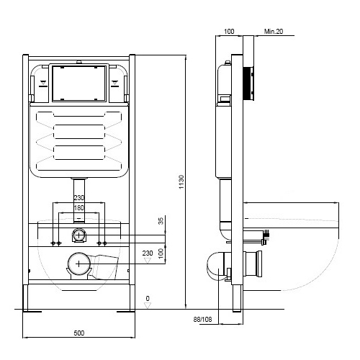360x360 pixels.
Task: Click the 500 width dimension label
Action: point(79,333)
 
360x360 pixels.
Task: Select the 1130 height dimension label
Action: point(181,182)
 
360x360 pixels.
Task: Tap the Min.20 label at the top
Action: point(274,31)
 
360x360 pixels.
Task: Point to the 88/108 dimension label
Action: point(202,319)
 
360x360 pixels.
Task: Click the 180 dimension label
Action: point(79,208)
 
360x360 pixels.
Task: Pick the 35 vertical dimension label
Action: point(161,221)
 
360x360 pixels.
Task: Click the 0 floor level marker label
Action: point(148,298)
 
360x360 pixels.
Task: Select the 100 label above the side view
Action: point(229,32)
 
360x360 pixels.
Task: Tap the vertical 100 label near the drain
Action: point(161,253)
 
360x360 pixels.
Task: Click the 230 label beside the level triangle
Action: point(148,253)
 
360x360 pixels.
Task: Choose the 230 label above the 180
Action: point(79,198)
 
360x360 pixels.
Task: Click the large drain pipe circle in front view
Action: point(79,264)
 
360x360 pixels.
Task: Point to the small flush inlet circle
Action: point(79,235)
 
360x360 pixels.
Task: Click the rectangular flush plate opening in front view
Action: point(79,83)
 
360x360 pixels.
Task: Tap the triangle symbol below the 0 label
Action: point(148,305)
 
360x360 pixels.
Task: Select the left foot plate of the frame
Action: point(32,312)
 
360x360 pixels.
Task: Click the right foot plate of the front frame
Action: point(126,312)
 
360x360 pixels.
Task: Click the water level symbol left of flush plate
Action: point(43,84)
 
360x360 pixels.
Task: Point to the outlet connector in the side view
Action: point(253,264)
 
